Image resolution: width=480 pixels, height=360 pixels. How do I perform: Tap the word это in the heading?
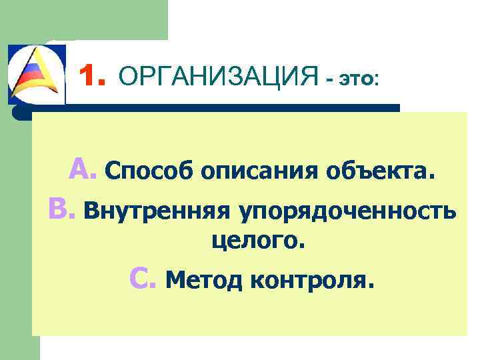[x=357, y=79]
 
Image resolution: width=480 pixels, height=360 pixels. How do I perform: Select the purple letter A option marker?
[x=83, y=170]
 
